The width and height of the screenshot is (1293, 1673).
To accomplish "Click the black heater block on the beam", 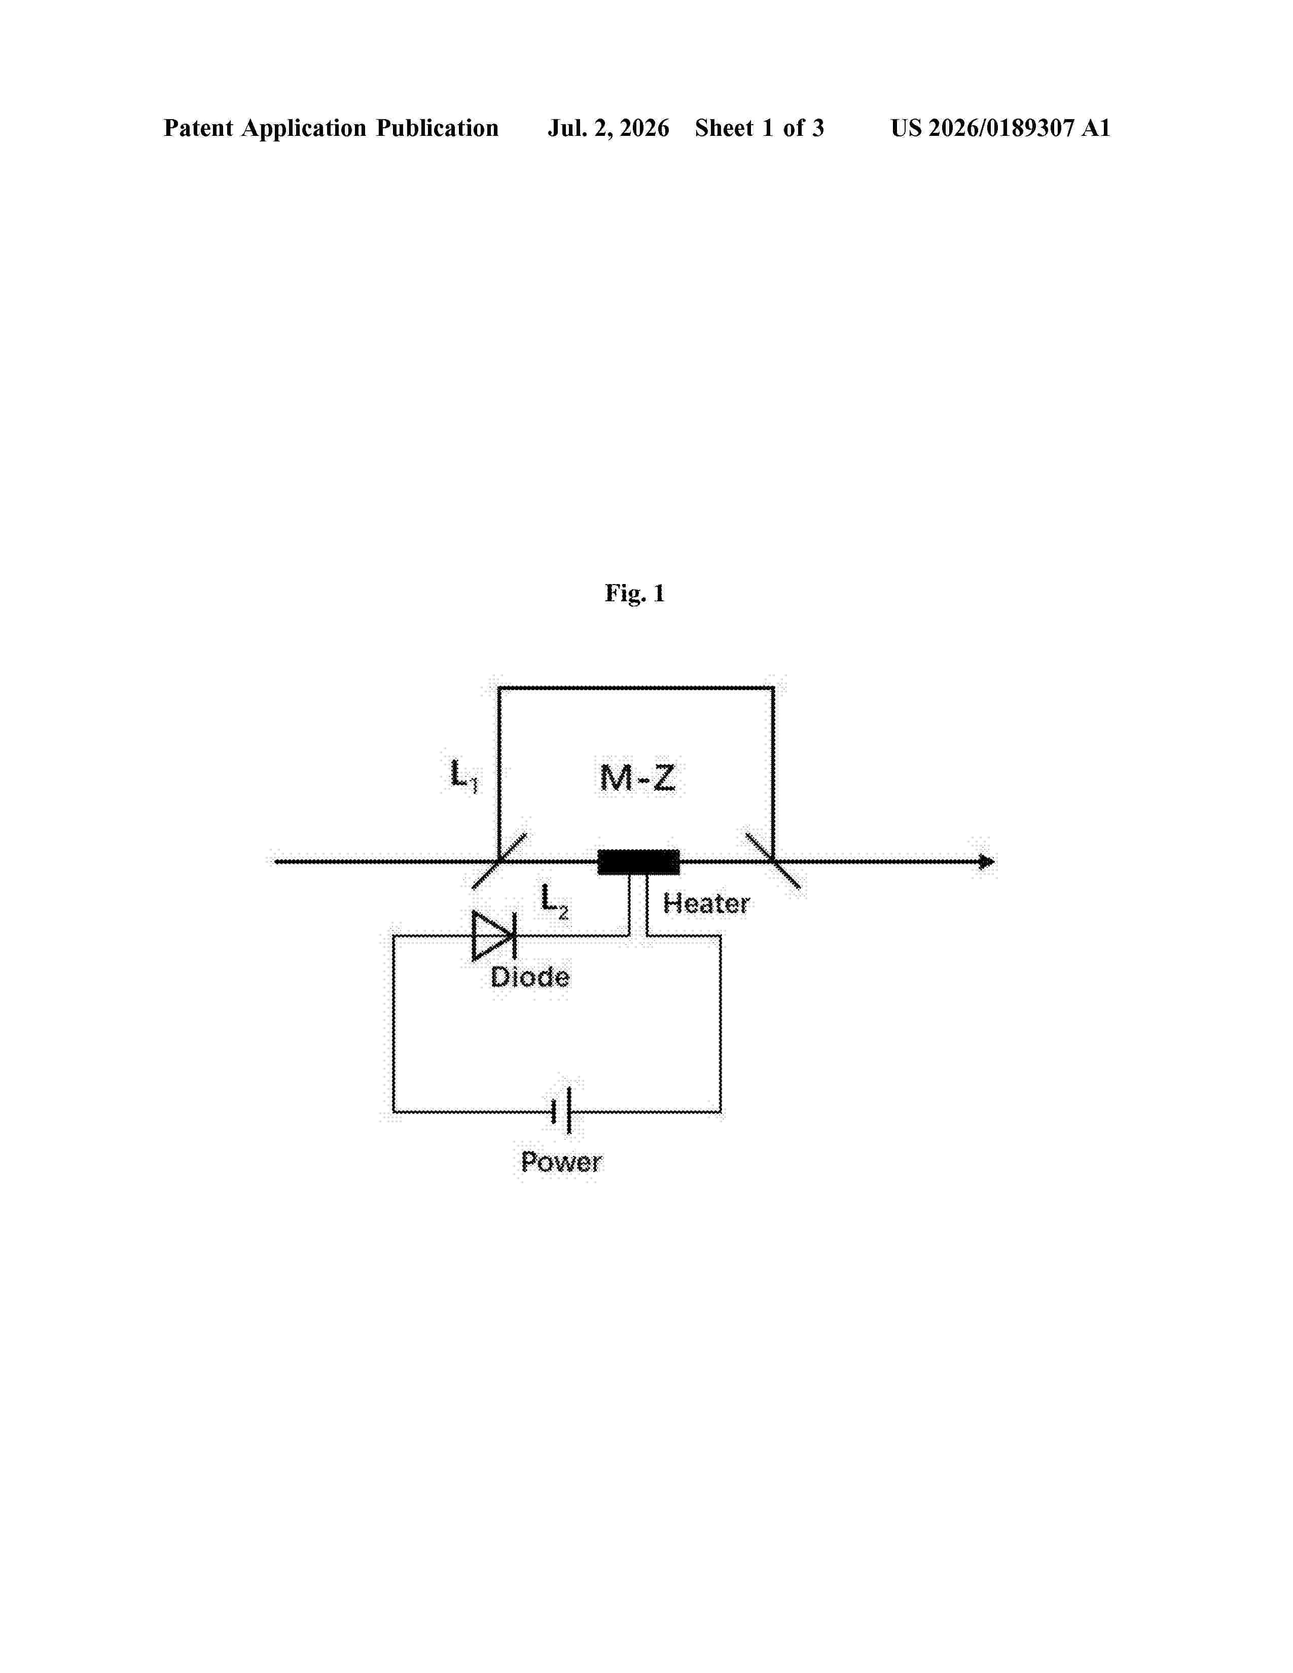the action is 638,862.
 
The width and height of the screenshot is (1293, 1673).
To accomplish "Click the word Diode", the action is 530,977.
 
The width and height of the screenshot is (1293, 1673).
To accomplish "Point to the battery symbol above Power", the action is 561,1111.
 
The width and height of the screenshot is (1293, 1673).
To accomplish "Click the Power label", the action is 561,1162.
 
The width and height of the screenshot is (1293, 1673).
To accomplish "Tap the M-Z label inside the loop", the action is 637,778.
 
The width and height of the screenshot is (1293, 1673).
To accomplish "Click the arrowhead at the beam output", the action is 987,862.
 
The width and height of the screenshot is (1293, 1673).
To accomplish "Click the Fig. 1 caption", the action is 635,593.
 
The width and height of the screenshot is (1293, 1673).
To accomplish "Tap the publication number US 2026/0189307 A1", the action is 1000,128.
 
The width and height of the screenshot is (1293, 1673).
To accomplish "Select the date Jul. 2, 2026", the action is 608,128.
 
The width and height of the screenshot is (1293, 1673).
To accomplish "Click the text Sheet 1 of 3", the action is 759,128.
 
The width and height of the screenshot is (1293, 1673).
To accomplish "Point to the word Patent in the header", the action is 198,128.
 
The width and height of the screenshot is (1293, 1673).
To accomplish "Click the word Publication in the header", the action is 437,128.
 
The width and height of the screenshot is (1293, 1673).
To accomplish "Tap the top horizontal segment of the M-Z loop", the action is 636,688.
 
